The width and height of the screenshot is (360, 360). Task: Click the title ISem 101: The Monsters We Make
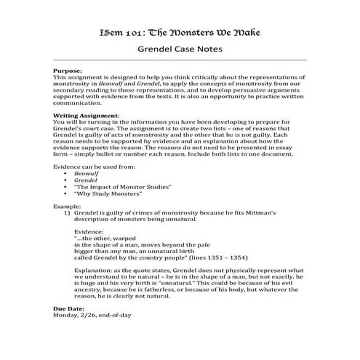pyautogui.click(x=179, y=33)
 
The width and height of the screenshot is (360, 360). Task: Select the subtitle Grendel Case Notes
pyautogui.click(x=179, y=50)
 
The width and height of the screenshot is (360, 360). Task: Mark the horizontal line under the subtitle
pyautogui.click(x=179, y=61)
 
